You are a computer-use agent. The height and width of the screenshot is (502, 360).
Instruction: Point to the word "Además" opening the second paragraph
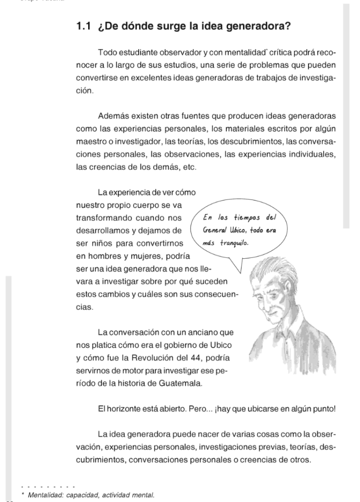pos(112,116)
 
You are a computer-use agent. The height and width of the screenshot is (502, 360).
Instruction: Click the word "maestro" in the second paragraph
pos(91,142)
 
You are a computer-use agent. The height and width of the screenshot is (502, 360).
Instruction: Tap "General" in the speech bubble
pos(214,230)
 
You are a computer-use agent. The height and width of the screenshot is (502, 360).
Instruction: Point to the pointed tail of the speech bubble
pos(240,270)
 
